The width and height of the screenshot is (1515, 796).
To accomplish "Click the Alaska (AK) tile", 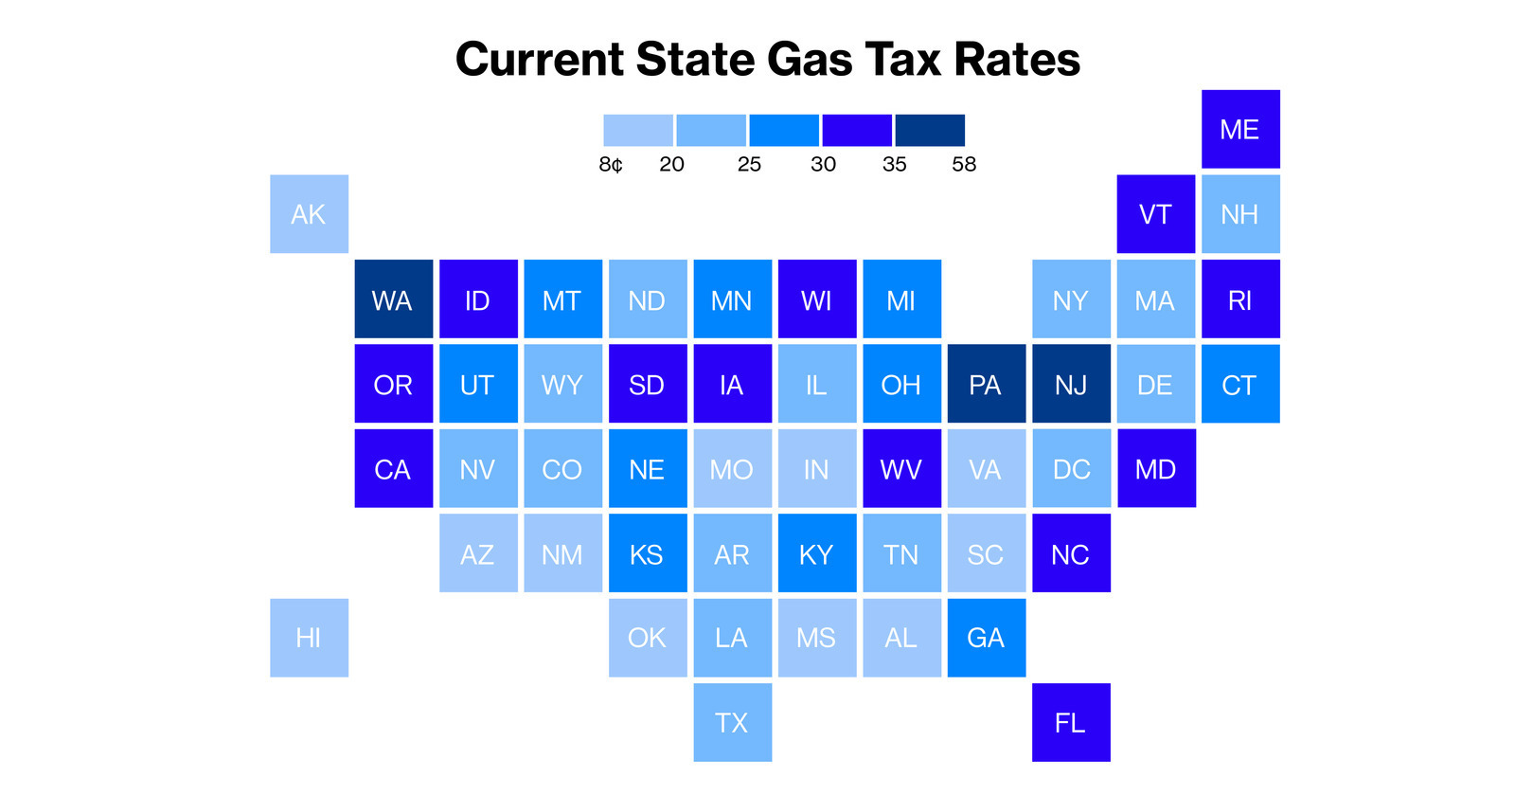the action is (309, 214).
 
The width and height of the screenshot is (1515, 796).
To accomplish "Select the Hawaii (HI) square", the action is (309, 638).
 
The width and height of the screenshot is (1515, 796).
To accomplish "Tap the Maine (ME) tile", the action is (1240, 129).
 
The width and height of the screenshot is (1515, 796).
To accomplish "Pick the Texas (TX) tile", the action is (733, 722).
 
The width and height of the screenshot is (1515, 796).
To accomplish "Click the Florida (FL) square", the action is (1071, 722).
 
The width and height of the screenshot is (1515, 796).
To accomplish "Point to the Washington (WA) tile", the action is (394, 298).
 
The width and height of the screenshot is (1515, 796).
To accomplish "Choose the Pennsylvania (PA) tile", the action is (987, 384).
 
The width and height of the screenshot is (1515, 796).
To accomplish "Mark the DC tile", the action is (1071, 468).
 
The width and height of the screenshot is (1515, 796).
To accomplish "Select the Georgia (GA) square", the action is (987, 638).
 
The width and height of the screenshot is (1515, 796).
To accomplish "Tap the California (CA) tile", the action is (394, 468).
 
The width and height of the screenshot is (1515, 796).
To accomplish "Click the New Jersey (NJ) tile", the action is (1071, 384).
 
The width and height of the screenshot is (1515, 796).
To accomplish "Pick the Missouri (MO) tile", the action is (733, 468).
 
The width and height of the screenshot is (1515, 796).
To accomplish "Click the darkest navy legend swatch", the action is (930, 130).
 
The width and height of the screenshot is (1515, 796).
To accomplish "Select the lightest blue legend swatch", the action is (638, 130).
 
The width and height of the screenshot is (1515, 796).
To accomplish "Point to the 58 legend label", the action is (964, 165).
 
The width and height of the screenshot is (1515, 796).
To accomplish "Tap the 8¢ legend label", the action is (611, 165).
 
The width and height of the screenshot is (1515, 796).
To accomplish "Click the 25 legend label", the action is (749, 165).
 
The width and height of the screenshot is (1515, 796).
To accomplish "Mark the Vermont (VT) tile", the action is (1156, 214).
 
